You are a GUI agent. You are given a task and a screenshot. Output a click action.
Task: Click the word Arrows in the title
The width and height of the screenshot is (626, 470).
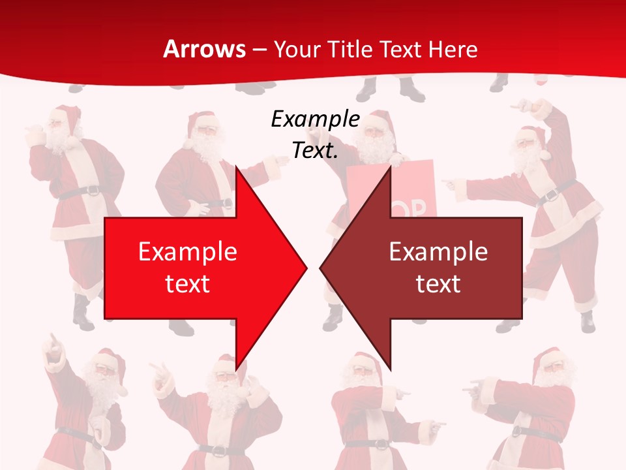click(204, 49)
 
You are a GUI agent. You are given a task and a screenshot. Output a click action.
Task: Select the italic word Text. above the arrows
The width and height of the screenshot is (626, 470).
click(315, 151)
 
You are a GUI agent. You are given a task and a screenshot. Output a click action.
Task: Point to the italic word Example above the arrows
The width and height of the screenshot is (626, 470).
click(315, 119)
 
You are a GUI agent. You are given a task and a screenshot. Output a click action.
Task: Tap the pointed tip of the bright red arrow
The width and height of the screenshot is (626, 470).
click(305, 268)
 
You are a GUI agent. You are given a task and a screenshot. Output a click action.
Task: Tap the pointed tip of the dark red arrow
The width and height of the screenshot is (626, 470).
click(322, 268)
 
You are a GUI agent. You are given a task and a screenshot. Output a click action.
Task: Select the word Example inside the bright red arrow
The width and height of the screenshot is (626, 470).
click(187, 252)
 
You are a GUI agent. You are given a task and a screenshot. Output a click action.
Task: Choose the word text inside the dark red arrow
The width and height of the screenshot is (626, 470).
click(438, 284)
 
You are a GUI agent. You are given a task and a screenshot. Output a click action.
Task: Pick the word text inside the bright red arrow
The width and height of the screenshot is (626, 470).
click(187, 284)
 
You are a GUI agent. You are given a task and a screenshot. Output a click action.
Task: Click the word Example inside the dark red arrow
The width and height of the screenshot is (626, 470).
click(438, 252)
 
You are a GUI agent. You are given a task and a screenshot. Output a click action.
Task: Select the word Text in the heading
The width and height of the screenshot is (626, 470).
click(399, 49)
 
